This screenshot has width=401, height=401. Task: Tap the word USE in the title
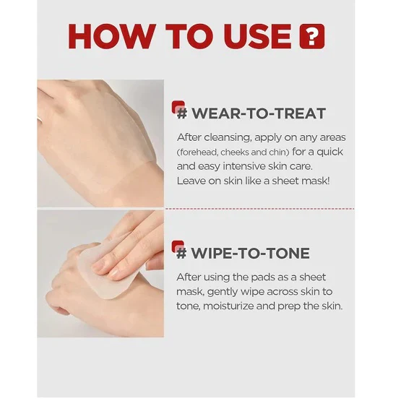coord(257,36)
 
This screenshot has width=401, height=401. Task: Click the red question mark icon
coord(312,36)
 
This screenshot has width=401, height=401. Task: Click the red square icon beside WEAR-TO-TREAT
coord(178,108)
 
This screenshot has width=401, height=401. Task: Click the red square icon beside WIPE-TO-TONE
coord(178,247)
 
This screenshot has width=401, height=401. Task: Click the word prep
coord(289,306)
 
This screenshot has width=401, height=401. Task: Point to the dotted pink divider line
coord(259,209)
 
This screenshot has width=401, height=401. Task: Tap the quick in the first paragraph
coord(329,152)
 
